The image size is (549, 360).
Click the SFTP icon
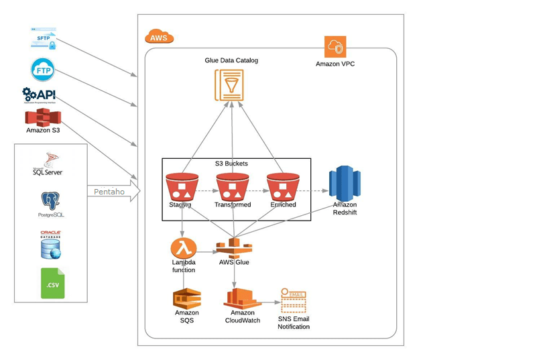(44, 38)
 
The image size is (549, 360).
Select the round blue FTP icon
(42, 70)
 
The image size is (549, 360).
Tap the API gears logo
(39, 95)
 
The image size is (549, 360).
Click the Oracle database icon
(50, 245)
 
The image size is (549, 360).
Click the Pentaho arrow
(113, 192)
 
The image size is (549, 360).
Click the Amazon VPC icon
(335, 48)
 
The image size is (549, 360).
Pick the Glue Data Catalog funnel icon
(229, 85)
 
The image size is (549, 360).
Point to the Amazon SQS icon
(187, 298)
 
